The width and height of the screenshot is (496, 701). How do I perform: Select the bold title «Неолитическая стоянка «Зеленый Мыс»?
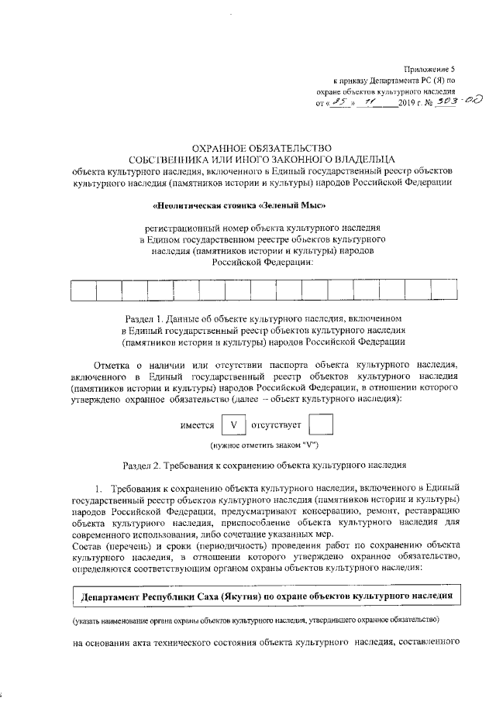click(x=240, y=206)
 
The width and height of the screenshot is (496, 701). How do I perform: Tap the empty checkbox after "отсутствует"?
click(x=321, y=426)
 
